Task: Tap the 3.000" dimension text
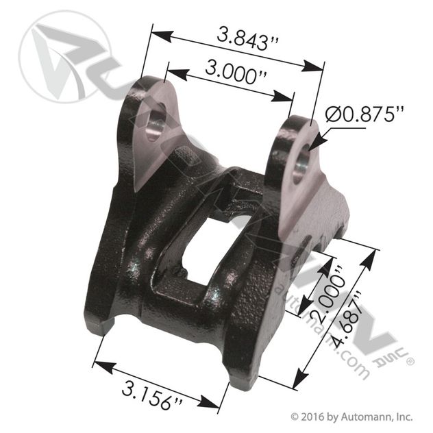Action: pos(236,73)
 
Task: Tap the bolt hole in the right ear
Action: pos(302,162)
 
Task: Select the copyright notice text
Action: pos(352,417)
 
